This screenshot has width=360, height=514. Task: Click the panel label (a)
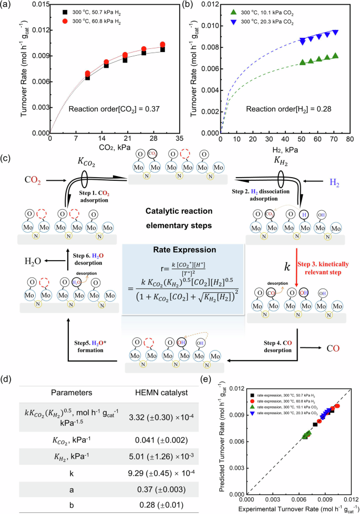[7, 7]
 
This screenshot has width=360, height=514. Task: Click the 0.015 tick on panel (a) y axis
[37, 5]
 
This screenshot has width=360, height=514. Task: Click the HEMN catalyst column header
[164, 392]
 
